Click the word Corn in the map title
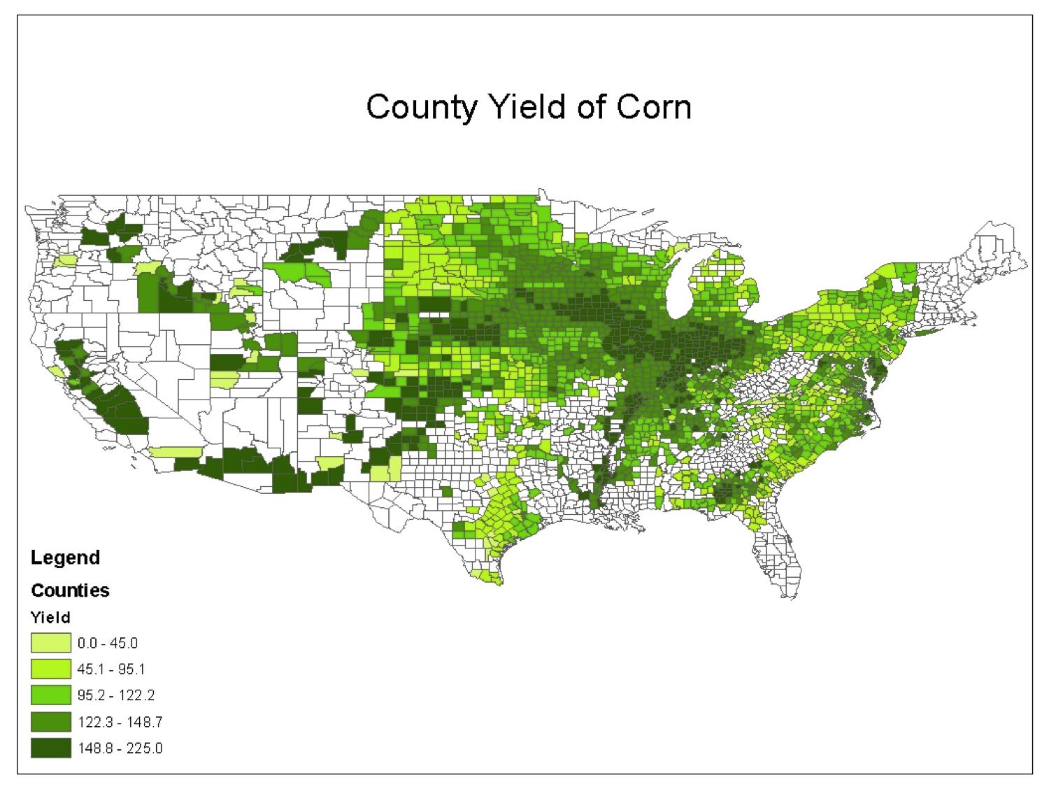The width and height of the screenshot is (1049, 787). tap(652, 108)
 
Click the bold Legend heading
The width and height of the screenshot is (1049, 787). tap(65, 558)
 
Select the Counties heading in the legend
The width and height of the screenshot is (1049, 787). tap(70, 590)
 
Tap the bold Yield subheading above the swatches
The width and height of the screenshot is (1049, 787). tap(50, 618)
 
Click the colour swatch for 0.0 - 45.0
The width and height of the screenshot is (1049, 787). tap(50, 643)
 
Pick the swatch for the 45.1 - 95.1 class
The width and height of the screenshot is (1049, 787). tap(50, 669)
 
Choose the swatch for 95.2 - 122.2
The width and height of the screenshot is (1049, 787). tap(50, 695)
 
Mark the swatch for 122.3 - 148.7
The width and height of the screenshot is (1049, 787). tap(50, 722)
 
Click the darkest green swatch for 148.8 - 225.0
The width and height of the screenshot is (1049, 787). tap(50, 748)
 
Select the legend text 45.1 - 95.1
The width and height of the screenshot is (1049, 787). tap(110, 669)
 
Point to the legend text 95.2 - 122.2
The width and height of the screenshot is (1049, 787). tap(115, 695)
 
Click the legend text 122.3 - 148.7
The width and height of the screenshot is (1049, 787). tap(120, 722)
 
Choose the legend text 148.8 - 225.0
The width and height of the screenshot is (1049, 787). tap(120, 749)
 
